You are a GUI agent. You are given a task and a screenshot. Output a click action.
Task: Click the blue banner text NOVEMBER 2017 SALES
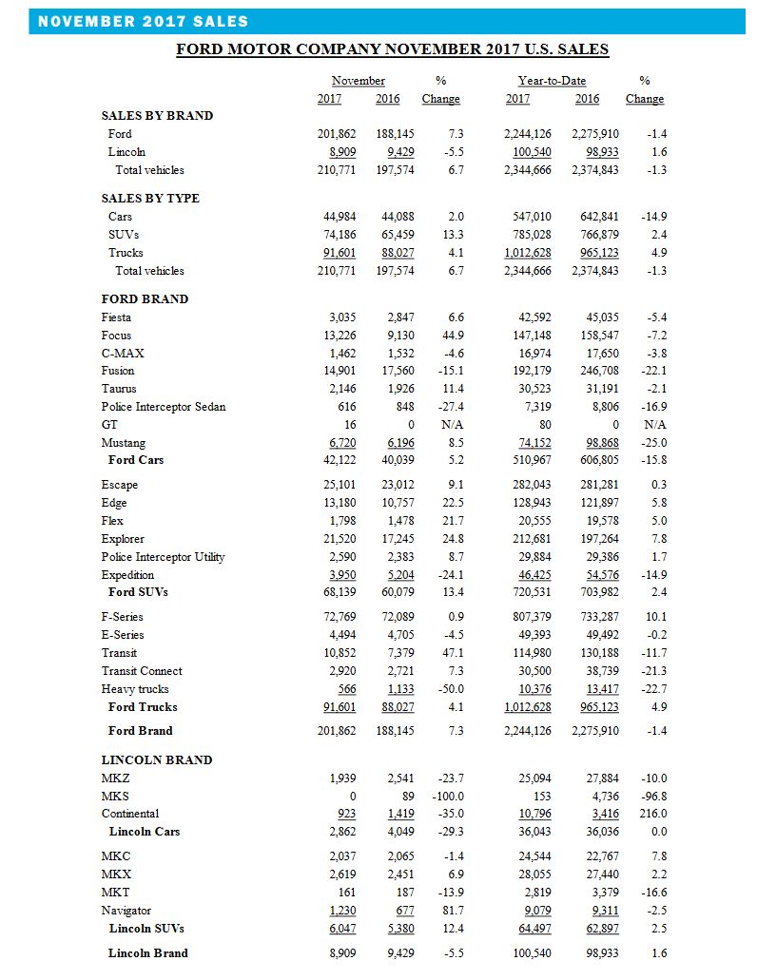143,21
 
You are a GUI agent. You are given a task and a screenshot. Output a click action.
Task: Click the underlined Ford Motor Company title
392,49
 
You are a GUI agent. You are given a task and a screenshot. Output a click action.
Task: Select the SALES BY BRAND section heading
157,115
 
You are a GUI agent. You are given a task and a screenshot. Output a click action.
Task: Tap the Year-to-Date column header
552,82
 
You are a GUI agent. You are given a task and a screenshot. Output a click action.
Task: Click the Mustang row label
124,443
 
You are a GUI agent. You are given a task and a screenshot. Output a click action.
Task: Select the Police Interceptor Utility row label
163,557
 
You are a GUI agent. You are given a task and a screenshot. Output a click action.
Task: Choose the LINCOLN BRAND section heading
157,760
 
